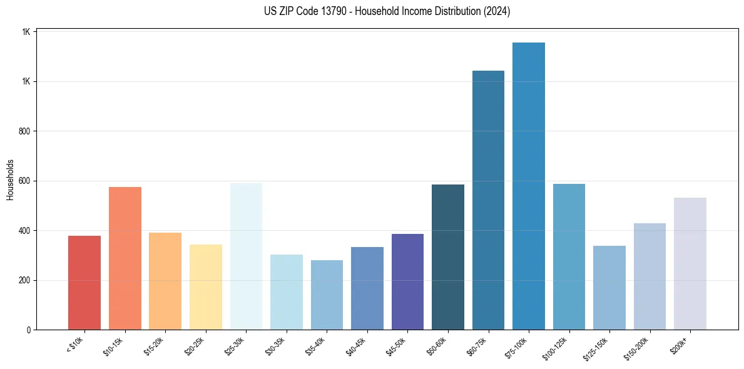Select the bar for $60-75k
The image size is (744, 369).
pyautogui.click(x=488, y=200)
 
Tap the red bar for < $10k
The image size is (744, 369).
pyautogui.click(x=84, y=283)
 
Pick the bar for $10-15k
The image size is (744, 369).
pyautogui.click(x=125, y=258)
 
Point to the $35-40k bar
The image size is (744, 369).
pyautogui.click(x=327, y=295)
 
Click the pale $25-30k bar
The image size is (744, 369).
pyautogui.click(x=246, y=256)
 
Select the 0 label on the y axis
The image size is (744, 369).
pyautogui.click(x=29, y=330)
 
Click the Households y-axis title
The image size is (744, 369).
pyautogui.click(x=10, y=179)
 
